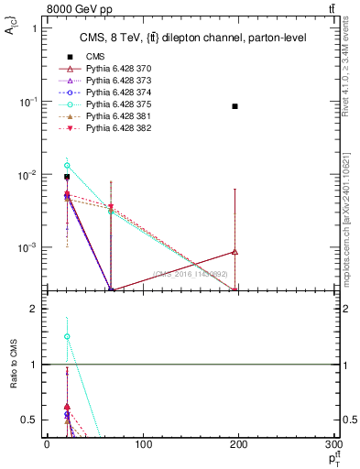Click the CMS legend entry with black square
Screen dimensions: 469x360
pos(95,56)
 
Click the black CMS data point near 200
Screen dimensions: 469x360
pos(235,106)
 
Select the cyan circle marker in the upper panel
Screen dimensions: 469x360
pos(67,166)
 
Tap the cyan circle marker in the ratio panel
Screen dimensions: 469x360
pos(67,336)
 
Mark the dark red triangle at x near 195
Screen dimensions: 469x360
pos(235,252)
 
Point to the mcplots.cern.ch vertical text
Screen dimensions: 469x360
pos(351,247)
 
